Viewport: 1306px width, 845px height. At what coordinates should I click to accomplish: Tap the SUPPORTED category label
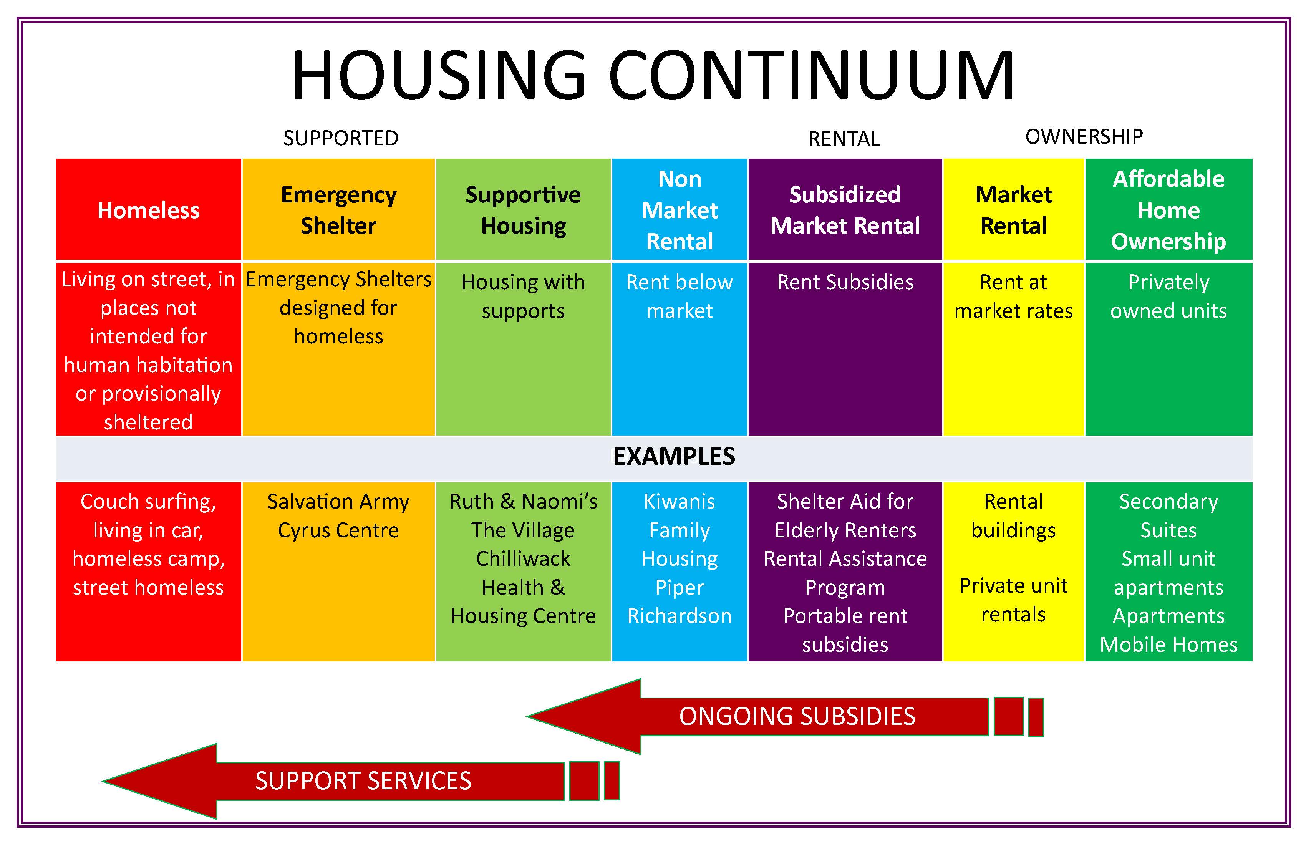point(341,138)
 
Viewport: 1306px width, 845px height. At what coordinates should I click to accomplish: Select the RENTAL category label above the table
point(844,139)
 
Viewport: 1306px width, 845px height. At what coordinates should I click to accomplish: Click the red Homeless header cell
point(149,209)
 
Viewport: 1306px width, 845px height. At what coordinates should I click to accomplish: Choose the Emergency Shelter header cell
point(338,209)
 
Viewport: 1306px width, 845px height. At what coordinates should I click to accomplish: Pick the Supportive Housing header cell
point(523,209)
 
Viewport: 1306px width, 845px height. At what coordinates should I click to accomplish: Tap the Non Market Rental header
point(680,209)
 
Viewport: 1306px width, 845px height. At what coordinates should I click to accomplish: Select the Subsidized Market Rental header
point(845,209)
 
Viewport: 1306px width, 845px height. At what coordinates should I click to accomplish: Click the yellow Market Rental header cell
point(1014,209)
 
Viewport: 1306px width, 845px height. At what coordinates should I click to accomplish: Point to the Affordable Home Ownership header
point(1169,209)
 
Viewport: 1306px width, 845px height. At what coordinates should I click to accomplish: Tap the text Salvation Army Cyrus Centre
point(338,516)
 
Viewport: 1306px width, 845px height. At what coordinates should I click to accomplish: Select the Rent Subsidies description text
point(845,282)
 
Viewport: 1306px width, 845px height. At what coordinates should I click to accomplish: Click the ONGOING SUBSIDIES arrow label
point(797,716)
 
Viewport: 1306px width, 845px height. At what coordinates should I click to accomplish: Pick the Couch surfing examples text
point(149,544)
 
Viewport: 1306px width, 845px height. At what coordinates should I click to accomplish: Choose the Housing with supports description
point(523,296)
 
